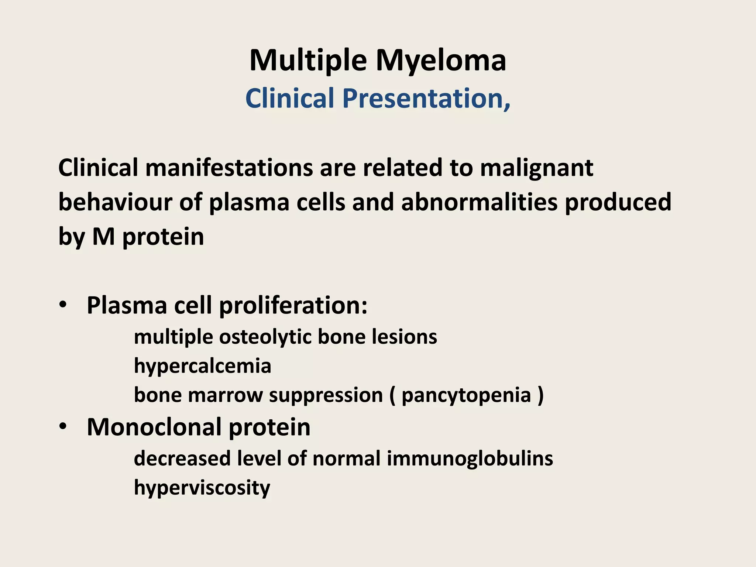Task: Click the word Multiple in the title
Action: (308, 61)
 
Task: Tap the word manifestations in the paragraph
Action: (229, 168)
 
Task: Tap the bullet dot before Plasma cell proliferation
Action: (63, 305)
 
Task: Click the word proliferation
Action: (293, 306)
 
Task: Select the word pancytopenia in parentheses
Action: (466, 396)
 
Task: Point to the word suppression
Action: (326, 396)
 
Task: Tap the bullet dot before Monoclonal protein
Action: (63, 426)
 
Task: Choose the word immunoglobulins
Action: (470, 459)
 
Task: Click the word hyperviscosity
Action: (202, 488)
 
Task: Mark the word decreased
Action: (182, 459)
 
